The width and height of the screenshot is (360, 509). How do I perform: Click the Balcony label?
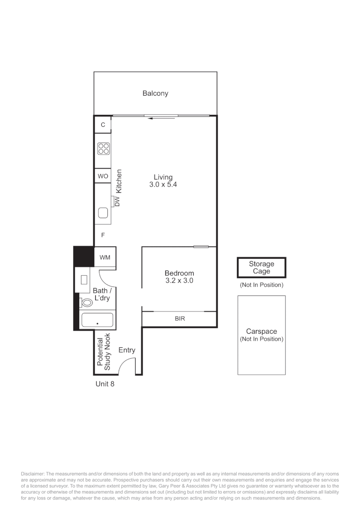(155, 93)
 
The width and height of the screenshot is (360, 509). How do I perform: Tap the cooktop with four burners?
(104, 148)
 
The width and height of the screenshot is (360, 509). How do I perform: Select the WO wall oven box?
(103, 176)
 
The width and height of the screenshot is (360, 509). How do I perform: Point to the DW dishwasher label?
(117, 202)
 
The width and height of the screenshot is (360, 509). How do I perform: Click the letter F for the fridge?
(103, 235)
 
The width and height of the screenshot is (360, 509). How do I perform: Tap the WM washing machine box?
(105, 257)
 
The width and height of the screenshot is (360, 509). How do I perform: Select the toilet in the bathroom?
(87, 303)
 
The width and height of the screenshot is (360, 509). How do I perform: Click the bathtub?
(97, 320)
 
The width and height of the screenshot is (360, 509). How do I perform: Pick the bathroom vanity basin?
(84, 280)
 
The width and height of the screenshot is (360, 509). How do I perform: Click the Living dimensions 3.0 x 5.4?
(163, 185)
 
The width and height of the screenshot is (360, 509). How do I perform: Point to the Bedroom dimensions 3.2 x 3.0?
(179, 280)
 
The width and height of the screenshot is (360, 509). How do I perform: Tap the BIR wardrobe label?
(180, 319)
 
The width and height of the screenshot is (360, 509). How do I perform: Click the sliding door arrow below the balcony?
(161, 118)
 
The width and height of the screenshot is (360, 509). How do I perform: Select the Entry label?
(127, 350)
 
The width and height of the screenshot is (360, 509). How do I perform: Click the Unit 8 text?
(105, 384)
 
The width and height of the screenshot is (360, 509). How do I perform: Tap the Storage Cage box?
(262, 268)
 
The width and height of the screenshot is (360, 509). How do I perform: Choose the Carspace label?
(262, 331)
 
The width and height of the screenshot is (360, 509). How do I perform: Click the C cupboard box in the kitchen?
(103, 124)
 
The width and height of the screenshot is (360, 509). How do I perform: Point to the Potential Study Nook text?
(104, 352)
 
